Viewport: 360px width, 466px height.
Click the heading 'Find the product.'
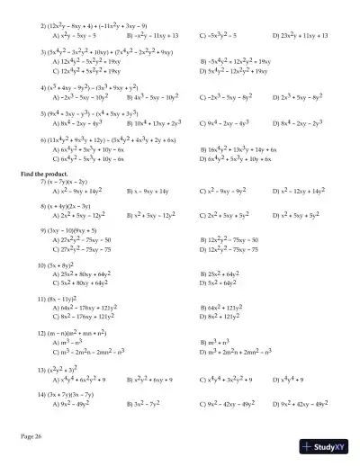pyautogui.click(x=42, y=171)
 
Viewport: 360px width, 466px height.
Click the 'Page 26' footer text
pyautogui.click(x=31, y=435)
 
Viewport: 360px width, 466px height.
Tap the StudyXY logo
pyautogui.click(x=325, y=445)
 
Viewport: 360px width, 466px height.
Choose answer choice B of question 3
pyautogui.click(x=234, y=61)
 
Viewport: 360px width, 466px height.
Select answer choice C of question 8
pyautogui.click(x=226, y=215)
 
